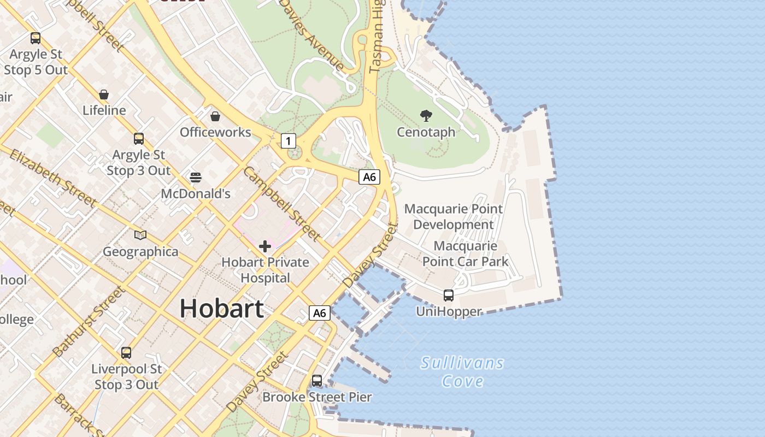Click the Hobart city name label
(221, 308)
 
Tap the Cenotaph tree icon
(426, 115)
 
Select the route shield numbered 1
(289, 141)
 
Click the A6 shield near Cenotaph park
(369, 176)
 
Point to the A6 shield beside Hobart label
(320, 313)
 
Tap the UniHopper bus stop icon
(449, 296)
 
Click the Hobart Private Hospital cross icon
(265, 246)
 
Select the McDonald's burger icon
(196, 177)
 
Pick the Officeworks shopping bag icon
(215, 116)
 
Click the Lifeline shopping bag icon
(104, 95)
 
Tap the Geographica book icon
(140, 235)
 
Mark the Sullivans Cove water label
(462, 371)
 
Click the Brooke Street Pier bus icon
(317, 380)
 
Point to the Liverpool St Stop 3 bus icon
(126, 353)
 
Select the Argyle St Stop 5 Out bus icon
(36, 38)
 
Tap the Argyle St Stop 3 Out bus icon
(139, 139)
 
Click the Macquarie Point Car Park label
(466, 253)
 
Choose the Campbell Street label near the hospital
(281, 204)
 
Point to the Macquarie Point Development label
(454, 216)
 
